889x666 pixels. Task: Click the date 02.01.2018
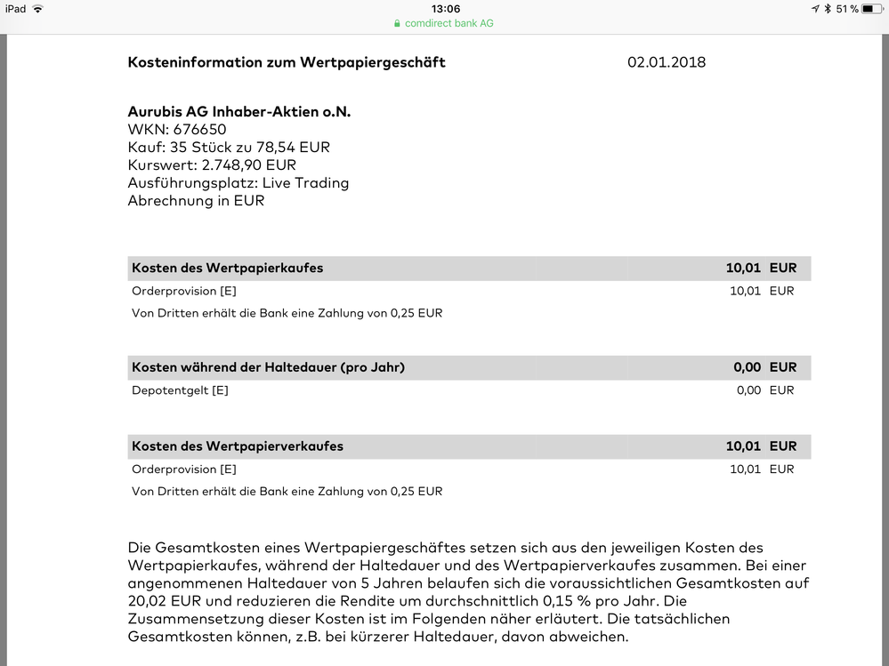coord(667,62)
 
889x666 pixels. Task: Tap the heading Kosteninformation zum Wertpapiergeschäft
coord(287,62)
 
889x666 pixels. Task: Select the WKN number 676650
coord(199,130)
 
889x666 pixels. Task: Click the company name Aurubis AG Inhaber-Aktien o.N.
coord(239,112)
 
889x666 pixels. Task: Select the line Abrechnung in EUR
coord(196,201)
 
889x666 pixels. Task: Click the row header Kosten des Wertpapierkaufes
coord(228,268)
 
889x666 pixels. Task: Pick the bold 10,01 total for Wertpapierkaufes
coord(743,268)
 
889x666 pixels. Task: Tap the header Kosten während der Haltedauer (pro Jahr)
coord(268,366)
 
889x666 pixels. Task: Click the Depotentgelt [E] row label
coord(180,390)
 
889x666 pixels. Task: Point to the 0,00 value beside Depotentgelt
coord(748,390)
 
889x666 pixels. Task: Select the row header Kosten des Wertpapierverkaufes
coord(238,445)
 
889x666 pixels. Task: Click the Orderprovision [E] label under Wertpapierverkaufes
coord(184,469)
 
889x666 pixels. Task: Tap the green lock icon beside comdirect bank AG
coord(398,23)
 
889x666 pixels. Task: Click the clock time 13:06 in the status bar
coord(445,9)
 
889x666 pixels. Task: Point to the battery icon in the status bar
coord(873,9)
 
